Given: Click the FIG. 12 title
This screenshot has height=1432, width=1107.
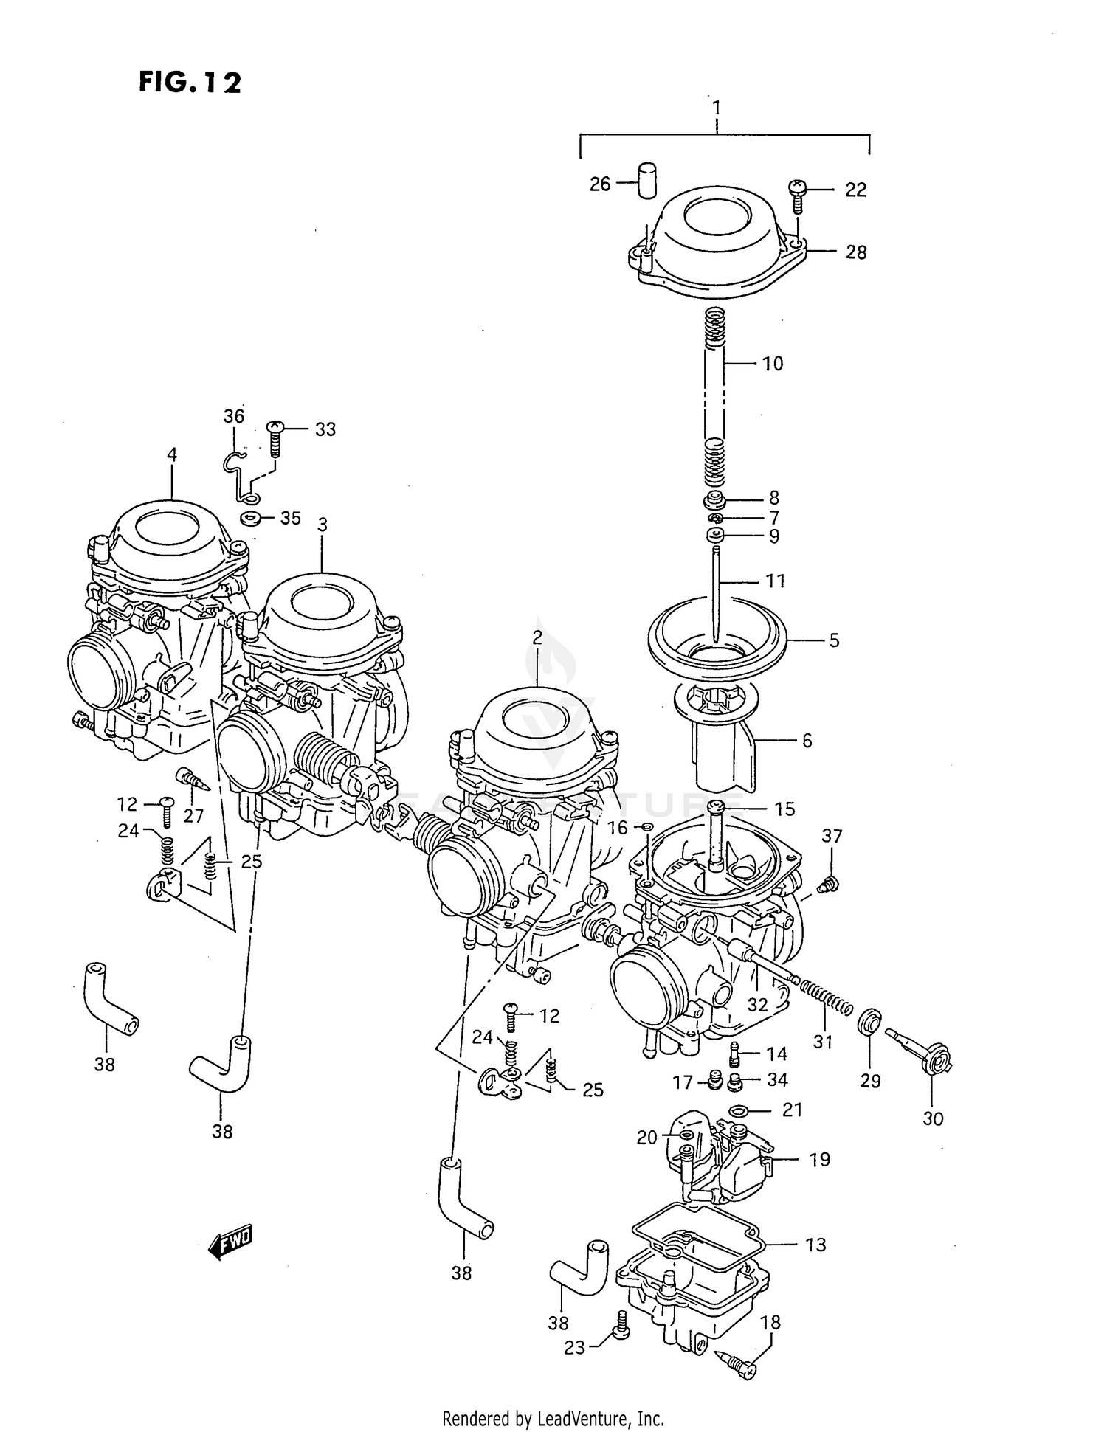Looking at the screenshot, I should pos(190,82).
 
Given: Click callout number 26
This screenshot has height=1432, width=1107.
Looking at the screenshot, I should pos(600,184).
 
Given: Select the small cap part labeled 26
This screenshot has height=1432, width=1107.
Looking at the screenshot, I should pos(646,180).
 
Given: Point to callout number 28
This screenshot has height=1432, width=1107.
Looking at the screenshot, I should pos(855,252).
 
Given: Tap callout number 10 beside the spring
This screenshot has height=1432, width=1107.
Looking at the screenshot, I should pos(773,363).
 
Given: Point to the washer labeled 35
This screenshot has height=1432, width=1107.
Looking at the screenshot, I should pos(250,518).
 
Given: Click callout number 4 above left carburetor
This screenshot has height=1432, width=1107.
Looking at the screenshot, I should pos(172,454).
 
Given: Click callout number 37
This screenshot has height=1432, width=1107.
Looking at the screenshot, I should pos(832,836).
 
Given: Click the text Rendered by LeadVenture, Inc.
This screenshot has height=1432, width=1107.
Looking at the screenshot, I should pos(553,1418).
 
